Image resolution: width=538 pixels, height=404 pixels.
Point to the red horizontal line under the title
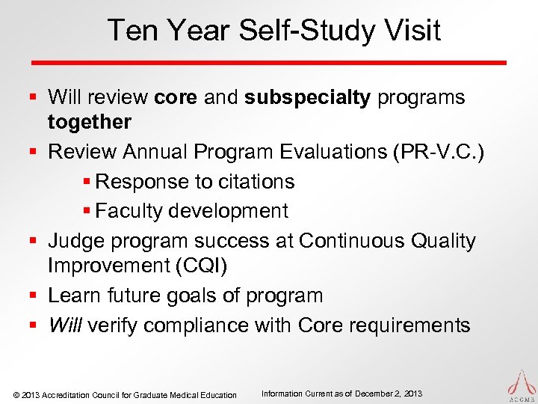point(268,62)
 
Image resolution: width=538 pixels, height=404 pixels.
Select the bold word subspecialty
point(307,97)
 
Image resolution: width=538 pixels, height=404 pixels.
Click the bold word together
point(90,122)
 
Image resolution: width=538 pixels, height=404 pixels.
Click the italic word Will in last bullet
point(66,325)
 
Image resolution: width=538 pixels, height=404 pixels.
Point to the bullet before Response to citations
point(89,182)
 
